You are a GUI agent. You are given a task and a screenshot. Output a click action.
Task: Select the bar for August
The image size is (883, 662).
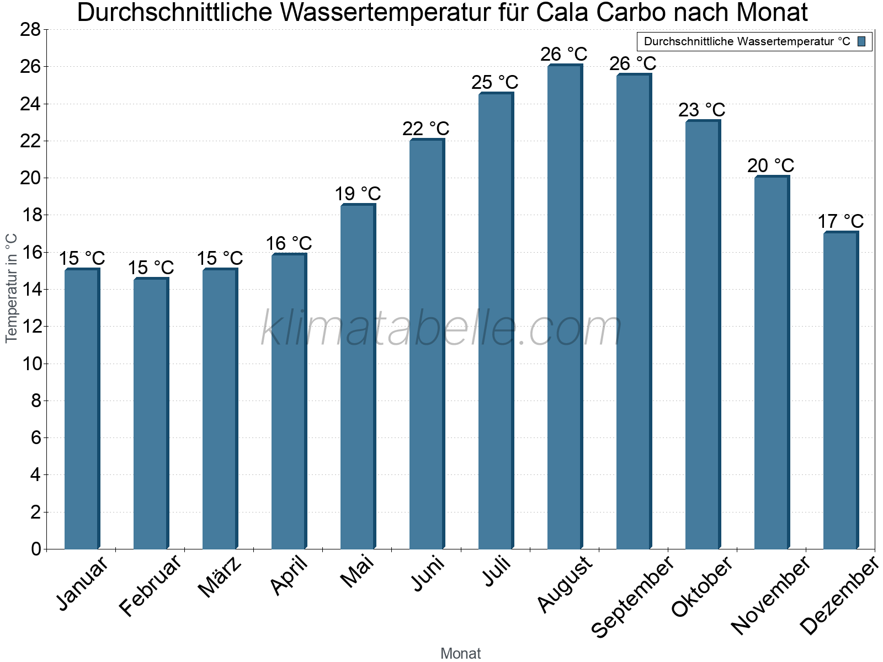(565, 307)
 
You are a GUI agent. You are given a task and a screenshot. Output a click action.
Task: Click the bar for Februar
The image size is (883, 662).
(151, 414)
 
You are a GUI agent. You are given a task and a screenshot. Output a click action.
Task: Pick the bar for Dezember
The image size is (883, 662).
(841, 391)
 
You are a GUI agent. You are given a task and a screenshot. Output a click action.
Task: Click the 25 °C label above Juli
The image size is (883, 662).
(494, 82)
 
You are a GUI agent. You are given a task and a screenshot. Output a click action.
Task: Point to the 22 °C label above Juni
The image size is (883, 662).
(425, 129)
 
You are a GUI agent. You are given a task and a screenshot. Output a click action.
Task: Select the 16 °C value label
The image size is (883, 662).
(289, 243)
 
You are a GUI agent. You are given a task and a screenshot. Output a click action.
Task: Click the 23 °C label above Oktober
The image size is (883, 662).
(701, 110)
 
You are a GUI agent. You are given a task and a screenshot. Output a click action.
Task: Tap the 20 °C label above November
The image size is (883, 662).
(770, 165)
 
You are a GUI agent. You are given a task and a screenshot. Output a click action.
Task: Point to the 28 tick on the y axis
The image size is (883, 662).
(30, 30)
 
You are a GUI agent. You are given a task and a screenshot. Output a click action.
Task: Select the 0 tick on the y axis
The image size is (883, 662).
(36, 549)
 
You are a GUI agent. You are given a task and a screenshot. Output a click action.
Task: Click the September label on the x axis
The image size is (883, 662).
(632, 596)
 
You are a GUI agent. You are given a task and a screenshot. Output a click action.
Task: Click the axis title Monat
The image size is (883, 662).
(460, 653)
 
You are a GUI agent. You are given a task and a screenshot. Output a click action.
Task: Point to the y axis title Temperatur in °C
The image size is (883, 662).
(12, 288)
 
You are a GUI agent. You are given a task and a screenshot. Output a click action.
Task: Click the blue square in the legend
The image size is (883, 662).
(861, 41)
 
